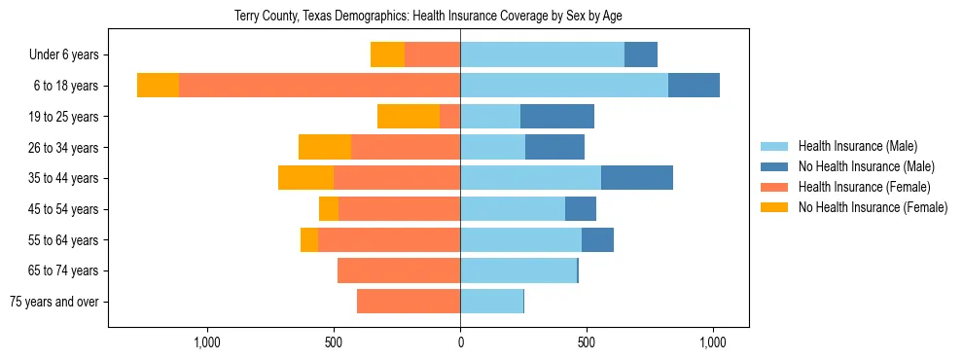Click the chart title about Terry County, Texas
click(428, 16)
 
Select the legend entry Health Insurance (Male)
click(856, 146)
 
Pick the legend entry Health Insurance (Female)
click(864, 187)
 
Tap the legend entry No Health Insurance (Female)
click(873, 207)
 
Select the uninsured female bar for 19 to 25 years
click(409, 117)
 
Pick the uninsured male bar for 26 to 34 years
click(554, 147)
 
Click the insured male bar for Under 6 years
click(542, 55)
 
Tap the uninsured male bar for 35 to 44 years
click(636, 178)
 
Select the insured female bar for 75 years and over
click(409, 302)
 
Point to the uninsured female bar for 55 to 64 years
click(309, 239)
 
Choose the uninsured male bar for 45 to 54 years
click(581, 209)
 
